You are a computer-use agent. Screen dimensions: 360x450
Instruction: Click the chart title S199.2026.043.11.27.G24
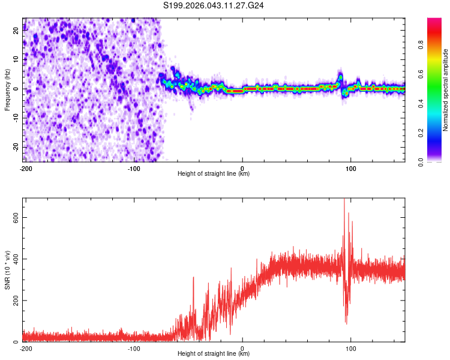tap(214, 5)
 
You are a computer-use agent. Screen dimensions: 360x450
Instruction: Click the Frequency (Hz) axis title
tap(7, 89)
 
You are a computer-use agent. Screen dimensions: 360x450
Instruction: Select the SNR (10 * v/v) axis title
tap(7, 269)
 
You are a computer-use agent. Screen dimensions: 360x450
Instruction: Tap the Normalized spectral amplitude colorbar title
tap(446, 89)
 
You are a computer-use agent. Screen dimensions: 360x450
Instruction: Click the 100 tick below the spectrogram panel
tap(351, 168)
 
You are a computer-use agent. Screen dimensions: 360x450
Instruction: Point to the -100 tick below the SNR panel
tap(134, 348)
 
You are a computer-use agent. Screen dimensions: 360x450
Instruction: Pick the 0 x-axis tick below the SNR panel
tap(242, 348)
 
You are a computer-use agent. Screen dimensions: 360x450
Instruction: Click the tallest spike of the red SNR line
tap(344, 200)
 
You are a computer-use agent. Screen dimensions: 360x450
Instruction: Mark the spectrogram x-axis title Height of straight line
tap(214, 174)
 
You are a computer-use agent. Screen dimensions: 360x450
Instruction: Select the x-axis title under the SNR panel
tap(214, 354)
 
